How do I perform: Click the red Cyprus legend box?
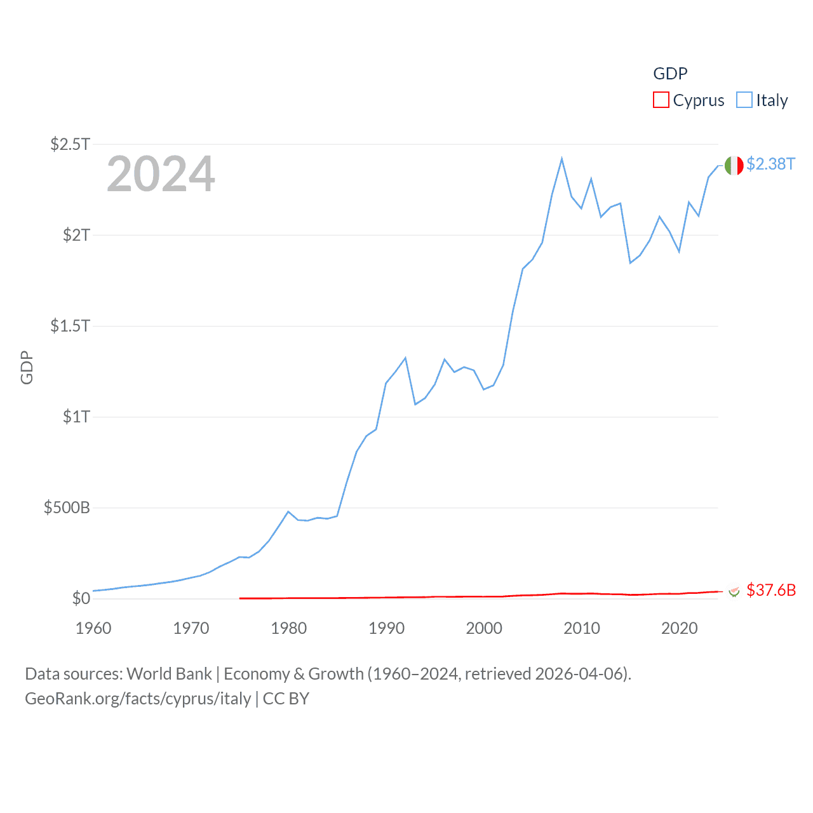[x=661, y=100]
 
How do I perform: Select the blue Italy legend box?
[x=744, y=100]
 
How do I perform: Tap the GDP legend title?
[x=670, y=74]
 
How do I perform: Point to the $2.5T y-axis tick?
[x=70, y=144]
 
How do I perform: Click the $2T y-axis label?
[x=76, y=235]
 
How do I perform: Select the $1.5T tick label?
[x=70, y=326]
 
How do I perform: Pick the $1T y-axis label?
[x=76, y=417]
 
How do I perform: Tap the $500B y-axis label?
[x=67, y=507]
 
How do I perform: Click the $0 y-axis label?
[x=81, y=598]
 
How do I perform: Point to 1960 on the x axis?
[x=93, y=628]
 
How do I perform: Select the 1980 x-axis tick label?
[x=288, y=628]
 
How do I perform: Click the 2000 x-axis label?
[x=484, y=628]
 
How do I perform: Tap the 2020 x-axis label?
[x=679, y=628]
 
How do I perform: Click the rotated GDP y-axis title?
[x=27, y=367]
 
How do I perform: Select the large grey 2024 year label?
[x=161, y=174]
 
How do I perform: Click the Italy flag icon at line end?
[x=734, y=165]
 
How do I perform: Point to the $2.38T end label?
[x=770, y=164]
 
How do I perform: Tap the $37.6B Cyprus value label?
[x=771, y=590]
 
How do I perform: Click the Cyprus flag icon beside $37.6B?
[x=734, y=591]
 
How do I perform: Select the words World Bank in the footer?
[x=170, y=674]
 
